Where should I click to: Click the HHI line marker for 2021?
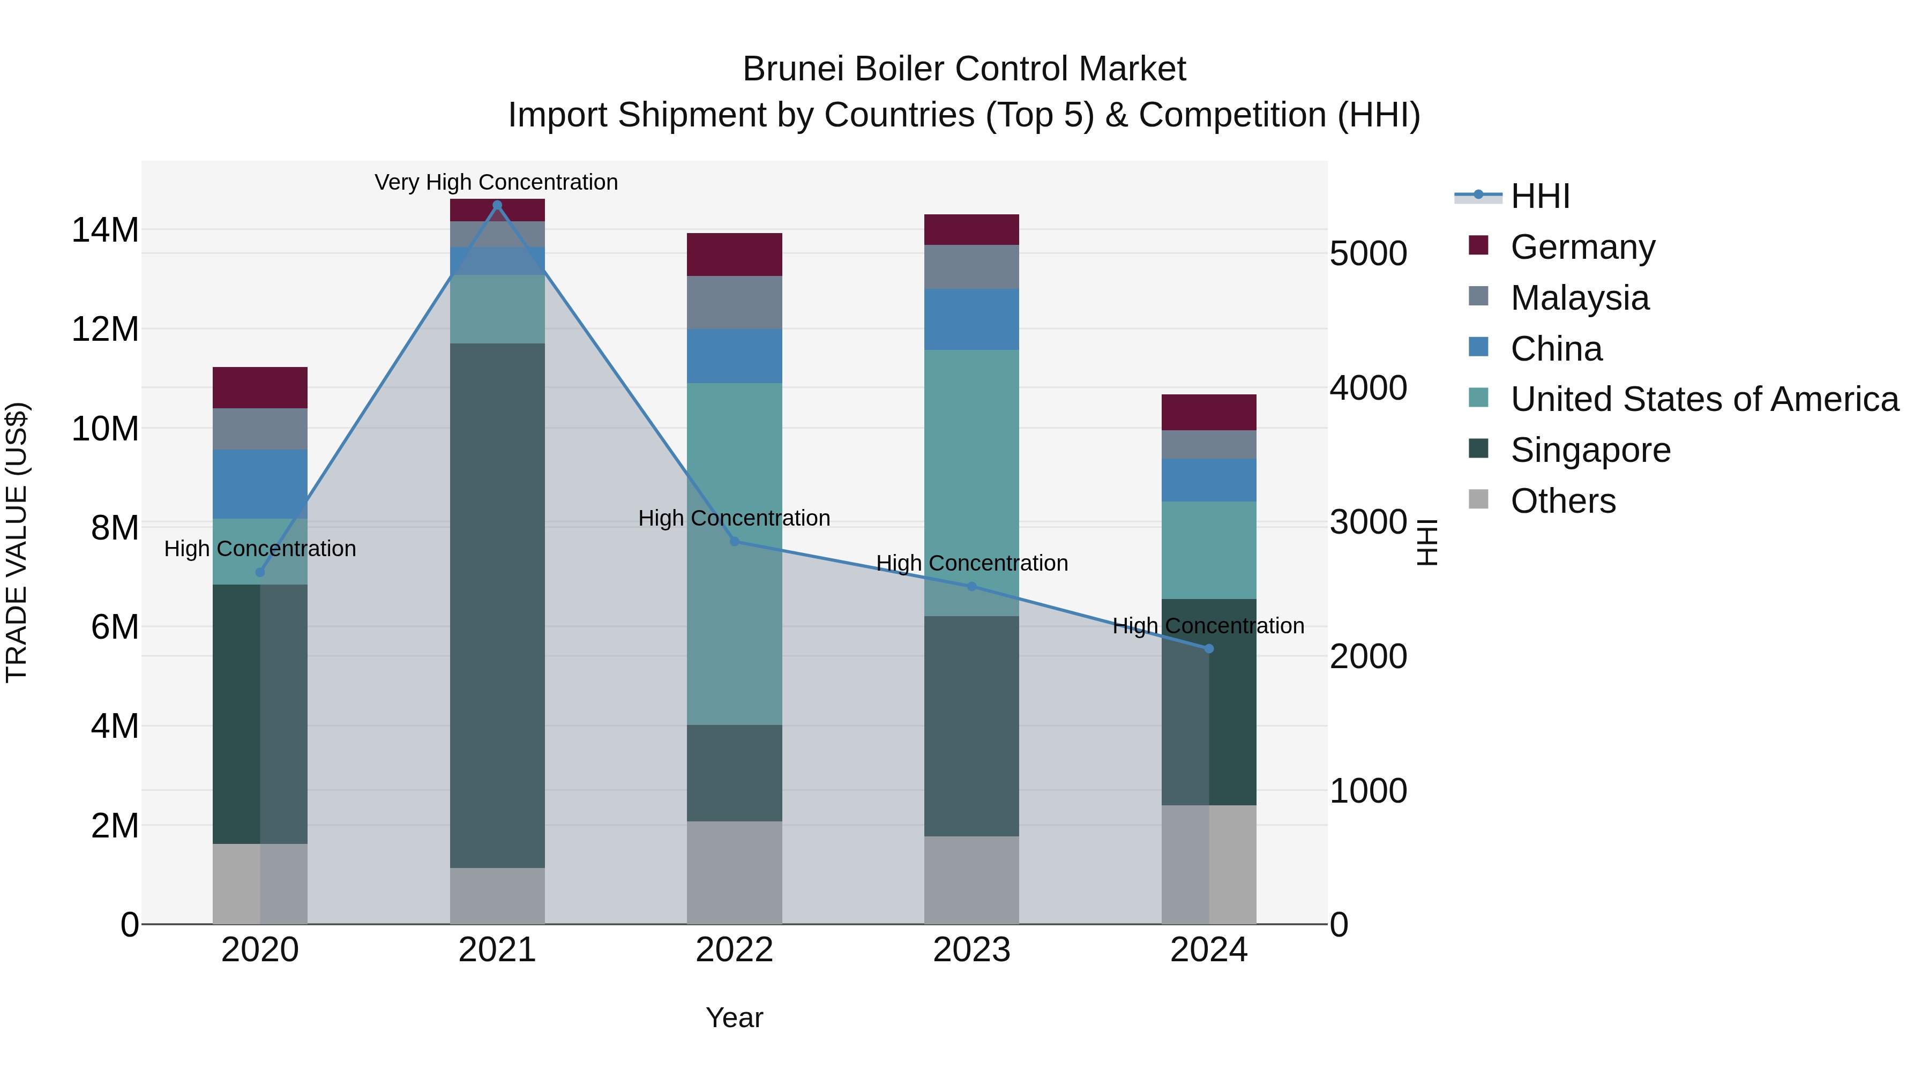[497, 205]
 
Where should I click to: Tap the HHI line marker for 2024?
[1209, 648]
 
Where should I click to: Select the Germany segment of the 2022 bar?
[734, 255]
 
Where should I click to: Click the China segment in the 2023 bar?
[971, 320]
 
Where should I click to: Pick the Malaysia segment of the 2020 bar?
[260, 429]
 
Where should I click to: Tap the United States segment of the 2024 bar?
[1209, 550]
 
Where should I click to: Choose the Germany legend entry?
[1582, 247]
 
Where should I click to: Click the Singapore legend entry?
[1590, 450]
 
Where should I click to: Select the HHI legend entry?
[1539, 196]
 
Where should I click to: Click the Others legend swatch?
[1478, 499]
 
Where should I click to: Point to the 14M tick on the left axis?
[105, 230]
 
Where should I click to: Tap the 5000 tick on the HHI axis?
[1367, 254]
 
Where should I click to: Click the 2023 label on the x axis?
[971, 950]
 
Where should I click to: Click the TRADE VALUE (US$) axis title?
[17, 542]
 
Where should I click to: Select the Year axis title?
[734, 1017]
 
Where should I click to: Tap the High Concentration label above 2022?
[734, 518]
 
